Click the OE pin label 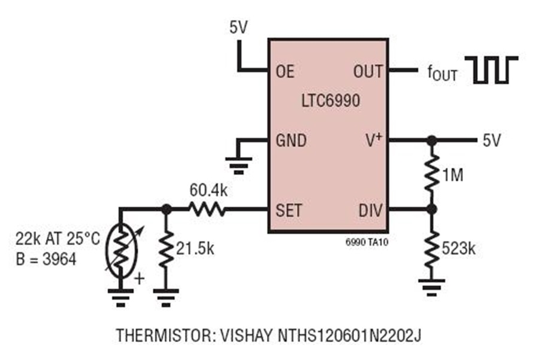pyautogui.click(x=285, y=71)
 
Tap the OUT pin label pyautogui.click(x=368, y=71)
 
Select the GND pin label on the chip pyautogui.click(x=291, y=140)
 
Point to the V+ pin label pyautogui.click(x=374, y=140)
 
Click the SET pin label pyautogui.click(x=289, y=210)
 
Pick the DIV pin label pyautogui.click(x=370, y=210)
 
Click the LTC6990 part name pyautogui.click(x=331, y=101)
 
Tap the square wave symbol pyautogui.click(x=491, y=70)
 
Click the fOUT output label pyautogui.click(x=442, y=73)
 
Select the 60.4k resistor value pyautogui.click(x=208, y=190)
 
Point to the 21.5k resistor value pyautogui.click(x=195, y=248)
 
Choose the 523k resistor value pyautogui.click(x=459, y=248)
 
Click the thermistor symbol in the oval pyautogui.click(x=122, y=250)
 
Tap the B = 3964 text pyautogui.click(x=46, y=259)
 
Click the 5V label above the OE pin pyautogui.click(x=238, y=28)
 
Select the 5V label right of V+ pyautogui.click(x=492, y=140)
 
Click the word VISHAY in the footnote pyautogui.click(x=246, y=335)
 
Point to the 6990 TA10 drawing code pyautogui.click(x=367, y=242)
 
